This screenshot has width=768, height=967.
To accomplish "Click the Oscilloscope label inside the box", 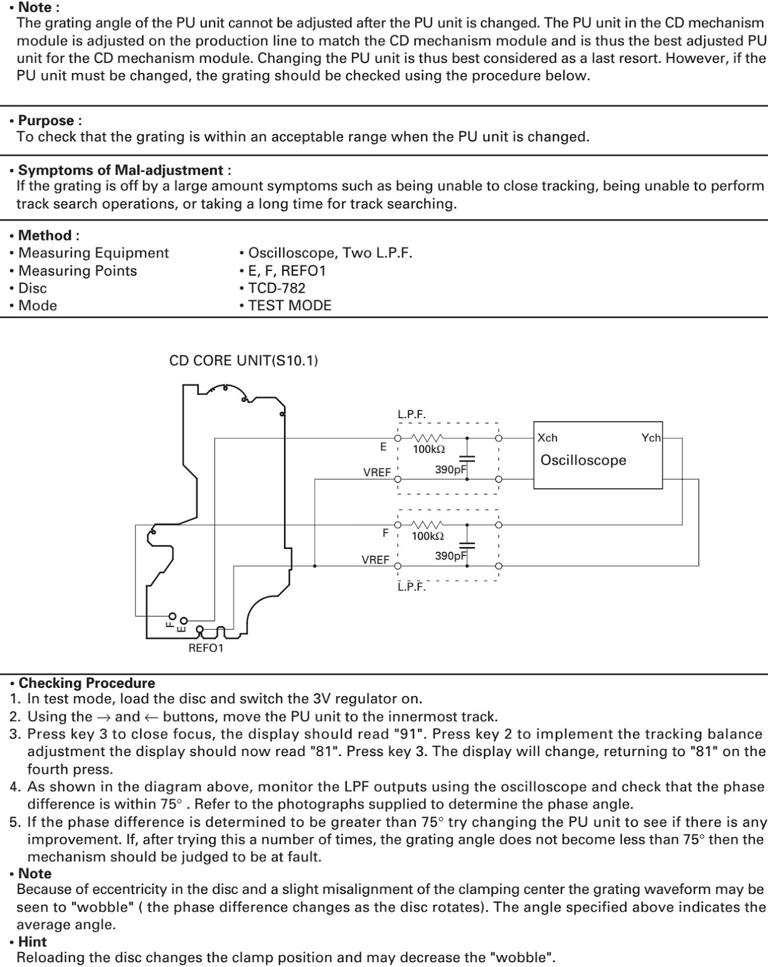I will pos(583,461).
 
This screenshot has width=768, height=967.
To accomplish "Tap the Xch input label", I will pos(547,438).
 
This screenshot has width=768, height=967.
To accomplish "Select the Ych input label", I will pos(651,438).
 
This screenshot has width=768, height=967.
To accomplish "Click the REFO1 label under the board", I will pos(206,648).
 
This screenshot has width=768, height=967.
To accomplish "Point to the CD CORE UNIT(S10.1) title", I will pos(244,361).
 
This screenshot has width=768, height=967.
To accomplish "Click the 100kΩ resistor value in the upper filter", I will pos(428,449).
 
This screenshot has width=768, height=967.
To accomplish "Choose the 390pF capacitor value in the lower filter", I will pos(451,555).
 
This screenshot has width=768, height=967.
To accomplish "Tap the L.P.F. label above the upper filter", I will pos(411,415).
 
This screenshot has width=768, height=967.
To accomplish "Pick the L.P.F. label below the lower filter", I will pos(411,587).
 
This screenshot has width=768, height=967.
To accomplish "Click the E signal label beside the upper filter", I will pos(383,447).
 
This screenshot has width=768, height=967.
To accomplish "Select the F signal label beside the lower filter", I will pos(386,533).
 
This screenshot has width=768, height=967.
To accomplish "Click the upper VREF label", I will pos(377,473).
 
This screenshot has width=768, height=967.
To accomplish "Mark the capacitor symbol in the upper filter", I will pos(466,459).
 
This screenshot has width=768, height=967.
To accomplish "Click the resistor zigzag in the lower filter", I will pos(428,525).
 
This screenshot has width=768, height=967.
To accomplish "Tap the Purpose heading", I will pos(50,120).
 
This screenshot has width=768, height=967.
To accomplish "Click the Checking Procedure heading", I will pos(86,683).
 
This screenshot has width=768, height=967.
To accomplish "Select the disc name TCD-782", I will pos(277,288).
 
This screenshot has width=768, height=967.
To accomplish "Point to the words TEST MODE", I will pos(289,305).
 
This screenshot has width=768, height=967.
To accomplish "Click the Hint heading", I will pos(32,942).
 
